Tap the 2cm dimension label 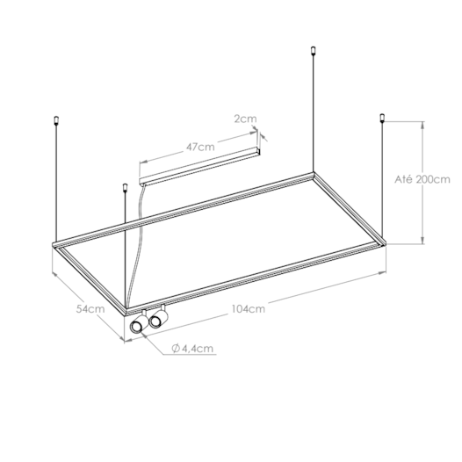tap(245, 116)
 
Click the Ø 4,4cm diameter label tap(193, 349)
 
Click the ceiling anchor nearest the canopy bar tap(126, 187)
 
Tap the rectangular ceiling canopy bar tap(202, 166)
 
